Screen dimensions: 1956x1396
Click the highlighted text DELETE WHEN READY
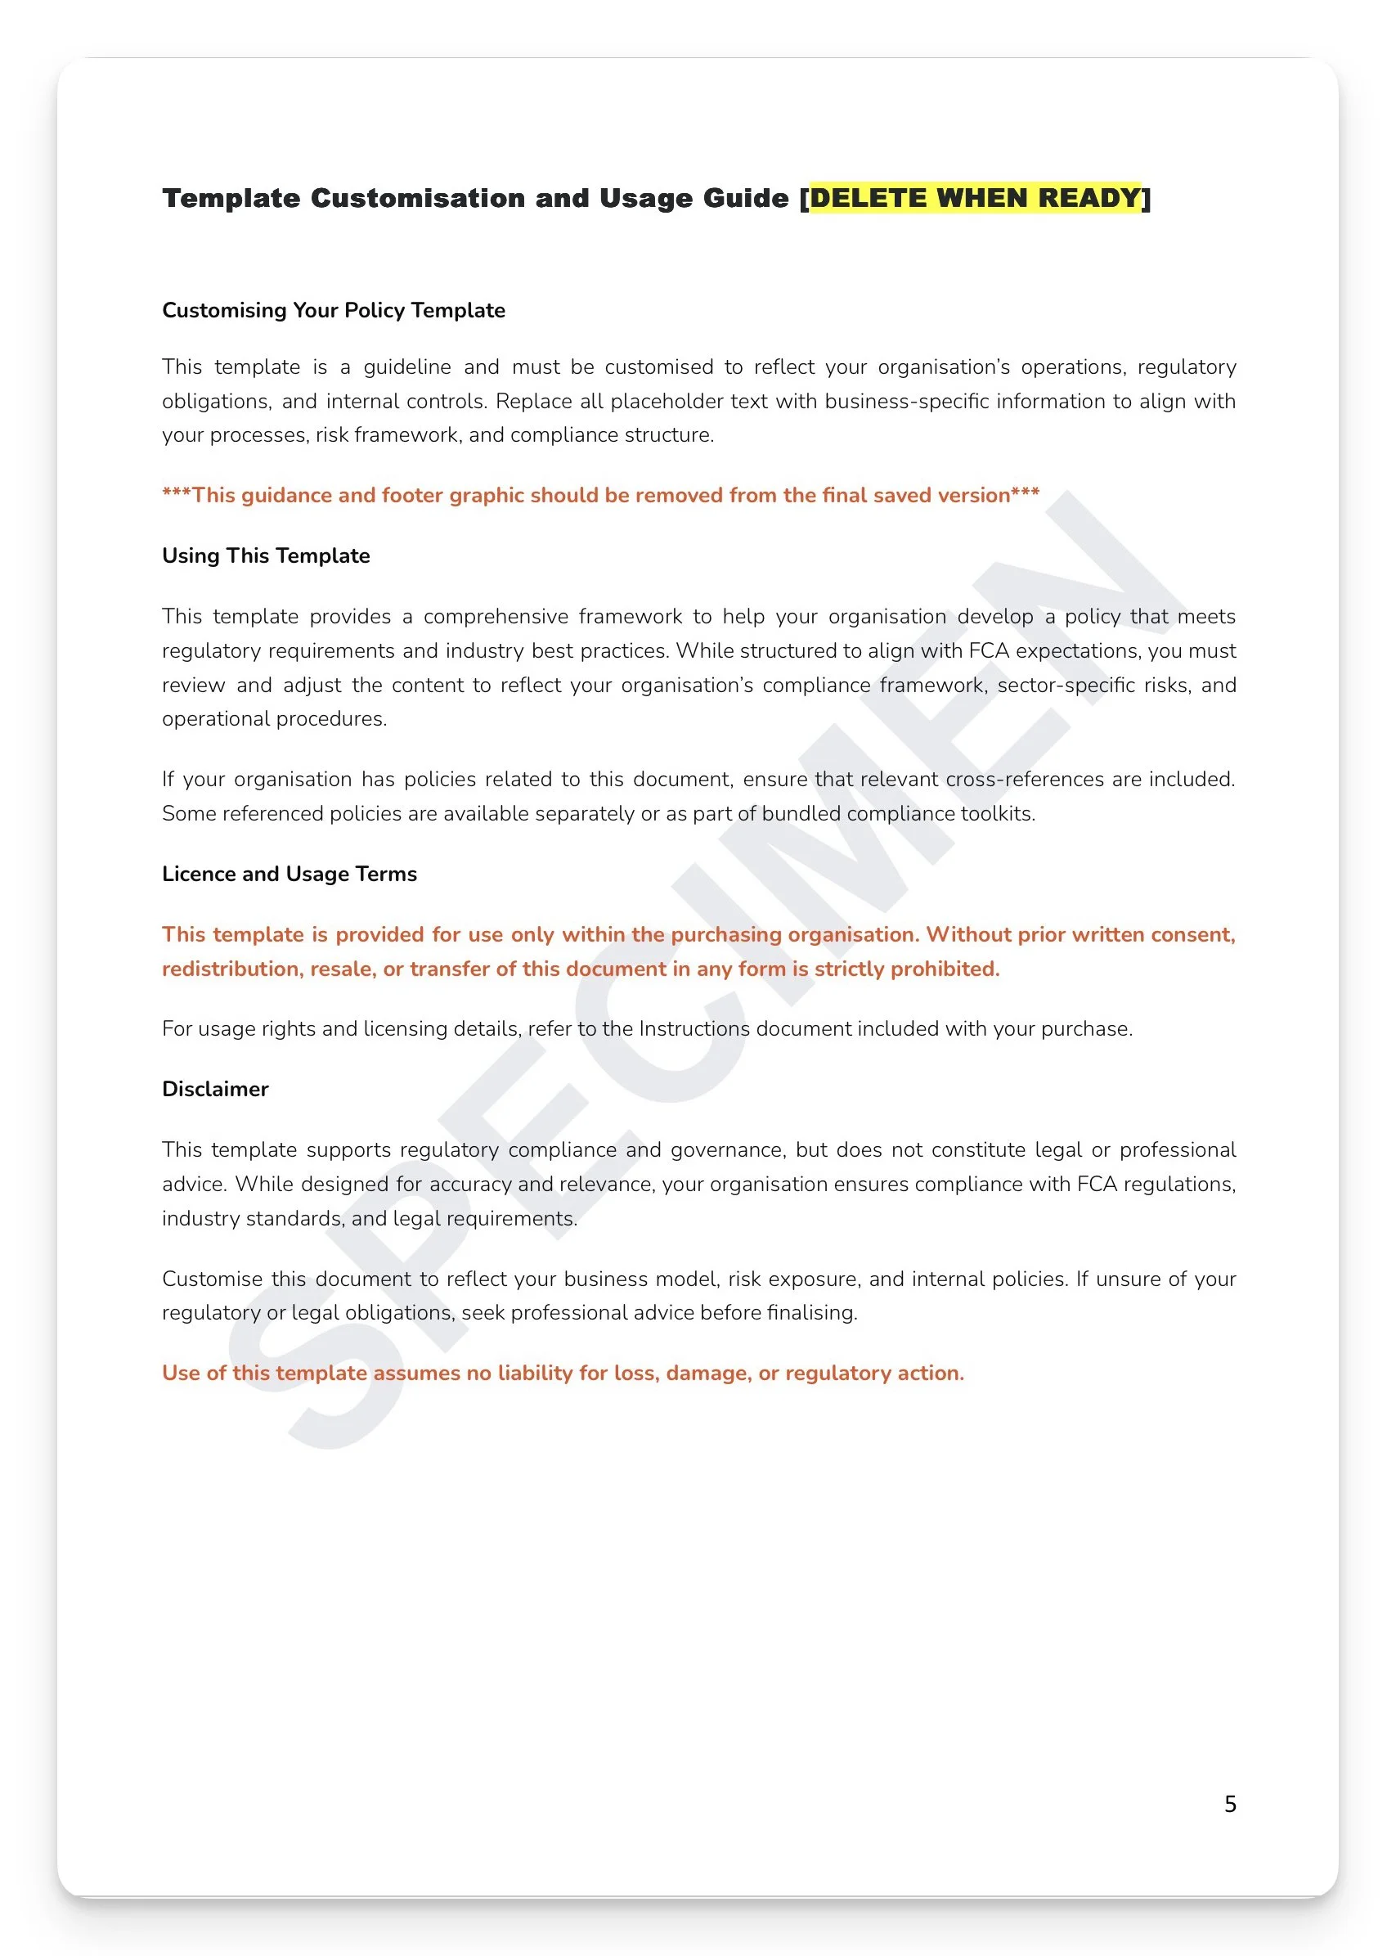click(975, 198)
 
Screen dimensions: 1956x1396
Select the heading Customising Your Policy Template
click(334, 310)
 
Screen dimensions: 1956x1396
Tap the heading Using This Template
click(266, 555)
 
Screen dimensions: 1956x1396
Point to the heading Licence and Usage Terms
click(289, 874)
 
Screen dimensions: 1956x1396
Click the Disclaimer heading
click(215, 1089)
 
